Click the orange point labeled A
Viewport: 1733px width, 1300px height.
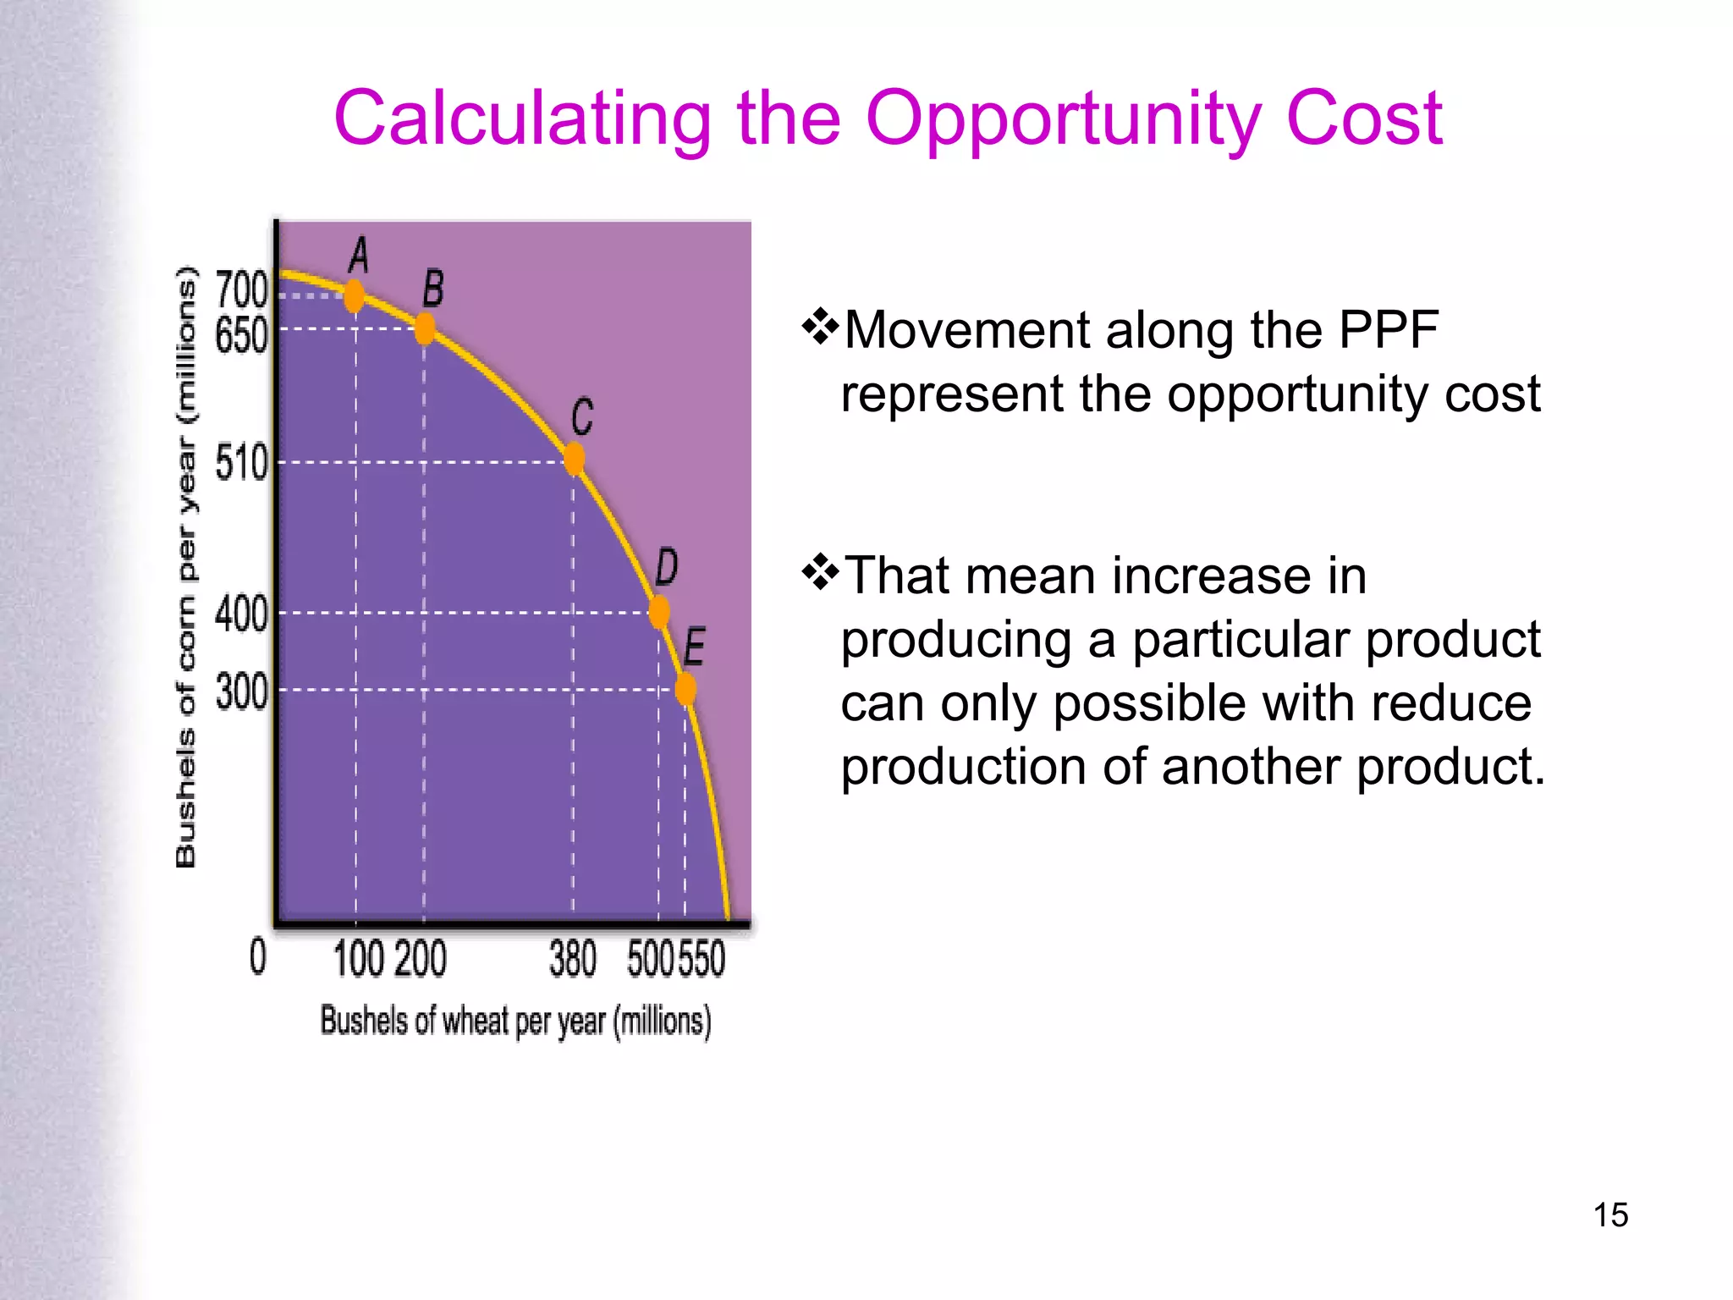pyautogui.click(x=355, y=295)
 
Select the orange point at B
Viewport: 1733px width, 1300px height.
pyautogui.click(x=425, y=328)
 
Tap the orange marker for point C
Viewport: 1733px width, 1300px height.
pyautogui.click(x=575, y=459)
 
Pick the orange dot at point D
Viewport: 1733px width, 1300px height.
pyautogui.click(x=660, y=611)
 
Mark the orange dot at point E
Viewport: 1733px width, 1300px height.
pyautogui.click(x=686, y=688)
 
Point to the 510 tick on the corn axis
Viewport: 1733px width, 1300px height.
pyautogui.click(x=241, y=463)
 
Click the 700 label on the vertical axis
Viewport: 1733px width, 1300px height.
pyautogui.click(x=241, y=290)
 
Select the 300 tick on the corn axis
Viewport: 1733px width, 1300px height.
pyautogui.click(x=241, y=691)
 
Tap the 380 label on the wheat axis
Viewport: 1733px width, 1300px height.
pyautogui.click(x=573, y=959)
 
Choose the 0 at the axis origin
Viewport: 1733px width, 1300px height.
pyautogui.click(x=258, y=957)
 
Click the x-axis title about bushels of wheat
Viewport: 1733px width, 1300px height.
pyautogui.click(x=515, y=1021)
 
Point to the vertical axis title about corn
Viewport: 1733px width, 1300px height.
pyautogui.click(x=186, y=567)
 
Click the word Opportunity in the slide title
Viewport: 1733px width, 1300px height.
pyautogui.click(x=1063, y=120)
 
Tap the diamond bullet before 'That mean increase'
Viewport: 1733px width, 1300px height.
pyautogui.click(x=820, y=574)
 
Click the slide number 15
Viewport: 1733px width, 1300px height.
pyautogui.click(x=1610, y=1215)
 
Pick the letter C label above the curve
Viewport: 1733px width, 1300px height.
pyautogui.click(x=582, y=417)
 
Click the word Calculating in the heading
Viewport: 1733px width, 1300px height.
pyautogui.click(x=522, y=120)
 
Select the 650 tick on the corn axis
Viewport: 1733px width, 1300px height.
pyautogui.click(x=241, y=336)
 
